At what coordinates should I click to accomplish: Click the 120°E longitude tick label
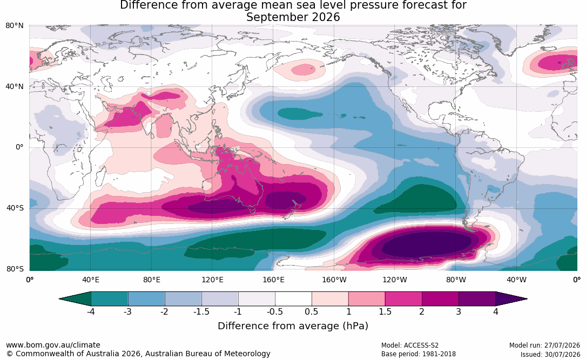212,280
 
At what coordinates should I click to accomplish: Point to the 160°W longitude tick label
334,280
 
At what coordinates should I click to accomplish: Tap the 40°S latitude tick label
15,208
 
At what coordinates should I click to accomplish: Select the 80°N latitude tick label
15,26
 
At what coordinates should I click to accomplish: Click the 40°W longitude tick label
516,280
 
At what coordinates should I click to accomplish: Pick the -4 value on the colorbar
90,311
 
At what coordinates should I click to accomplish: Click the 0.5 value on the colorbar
311,311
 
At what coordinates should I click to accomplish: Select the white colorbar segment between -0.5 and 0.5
293,299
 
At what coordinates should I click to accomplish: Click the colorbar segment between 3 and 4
477,299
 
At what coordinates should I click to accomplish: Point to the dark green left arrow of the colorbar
75,299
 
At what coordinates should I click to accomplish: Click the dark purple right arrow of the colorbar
511,299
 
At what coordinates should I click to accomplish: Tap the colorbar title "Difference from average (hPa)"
293,325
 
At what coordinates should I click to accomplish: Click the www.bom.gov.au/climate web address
53,345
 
